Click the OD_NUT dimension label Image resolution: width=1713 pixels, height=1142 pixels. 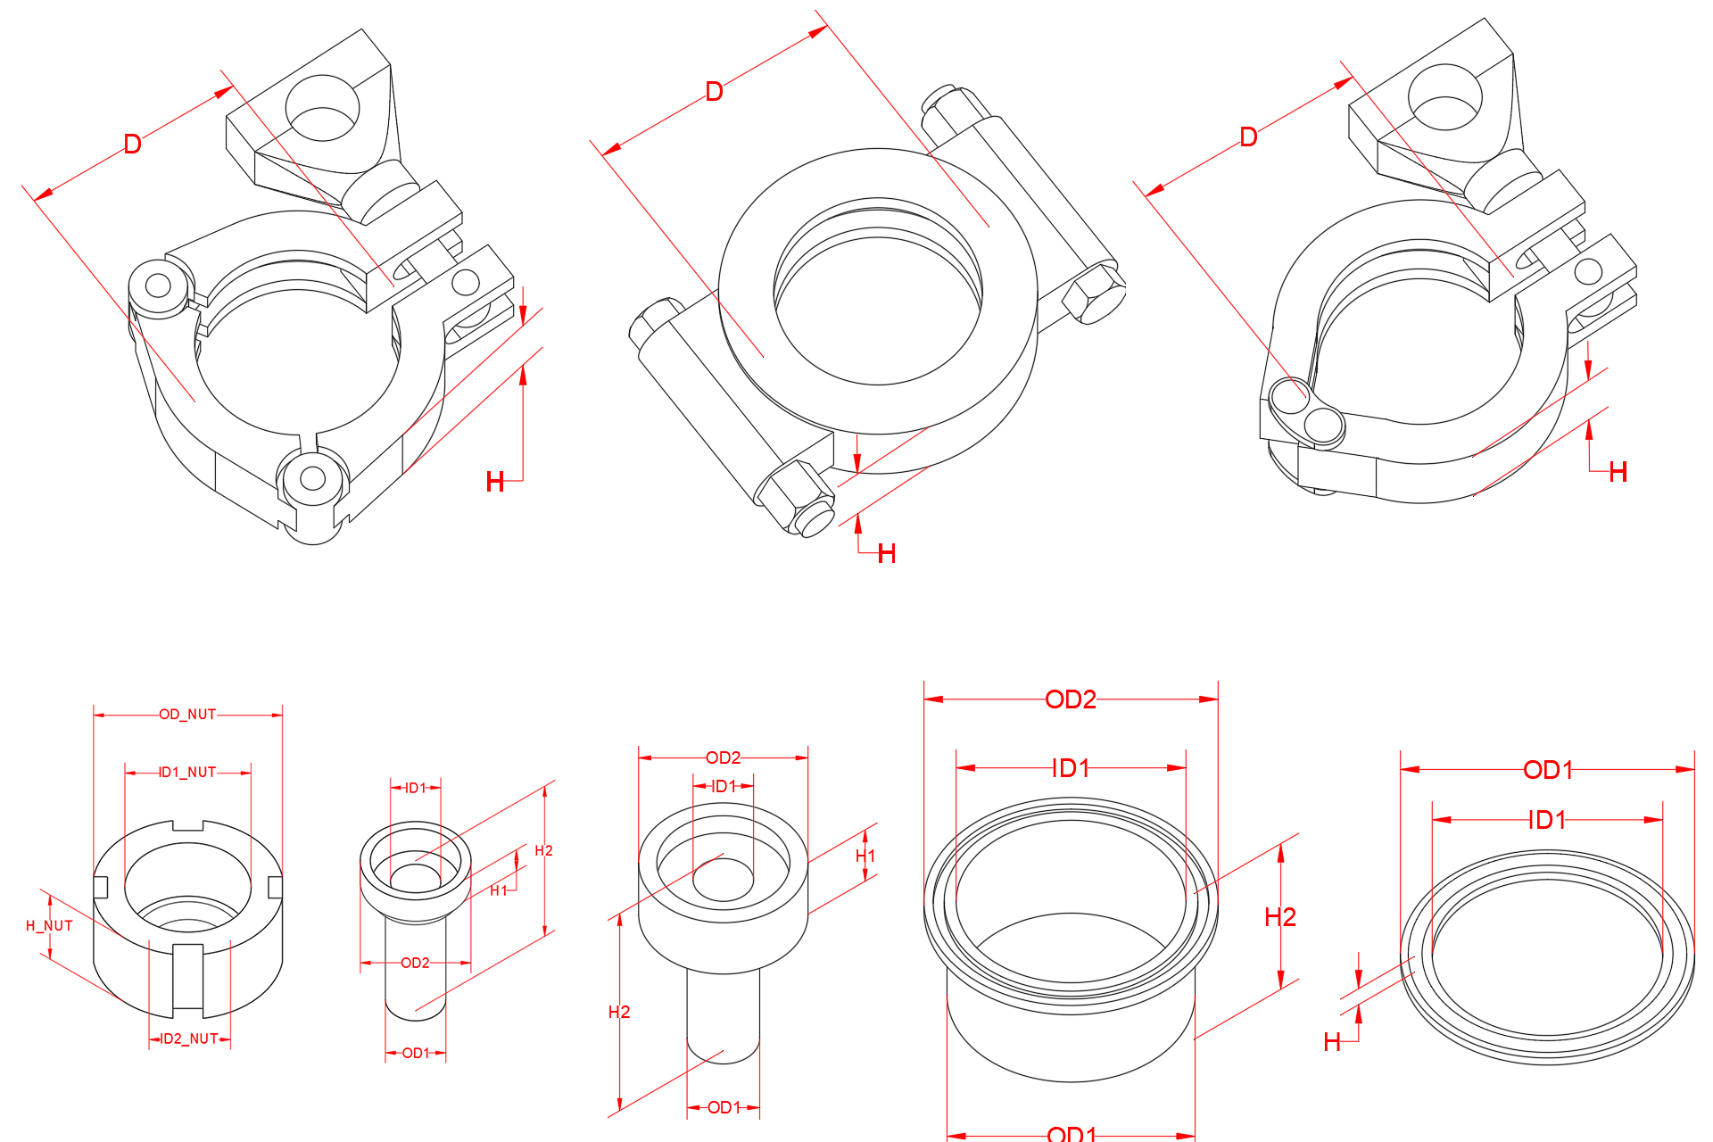pos(187,715)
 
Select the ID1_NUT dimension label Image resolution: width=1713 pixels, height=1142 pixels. pos(187,772)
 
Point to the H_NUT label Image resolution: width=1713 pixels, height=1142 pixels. pos(49,926)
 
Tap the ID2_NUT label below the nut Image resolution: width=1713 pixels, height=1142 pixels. pos(189,1039)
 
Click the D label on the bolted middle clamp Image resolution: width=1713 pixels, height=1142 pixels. pos(714,92)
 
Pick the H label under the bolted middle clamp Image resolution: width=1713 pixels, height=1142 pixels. pos(886,554)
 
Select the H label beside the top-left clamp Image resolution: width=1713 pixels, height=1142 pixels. pos(495,483)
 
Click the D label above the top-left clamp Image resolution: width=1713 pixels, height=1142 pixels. pos(132,144)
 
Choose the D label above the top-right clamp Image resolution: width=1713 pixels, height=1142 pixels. pos(1248,137)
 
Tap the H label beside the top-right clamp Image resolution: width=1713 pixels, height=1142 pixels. pos(1618,473)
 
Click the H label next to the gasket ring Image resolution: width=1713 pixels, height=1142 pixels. pos(1332,1042)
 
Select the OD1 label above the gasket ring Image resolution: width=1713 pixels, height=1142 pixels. pos(1548,770)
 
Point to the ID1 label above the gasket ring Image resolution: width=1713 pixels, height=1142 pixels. pos(1547,820)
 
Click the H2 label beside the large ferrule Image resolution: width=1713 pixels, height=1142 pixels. pos(1280,917)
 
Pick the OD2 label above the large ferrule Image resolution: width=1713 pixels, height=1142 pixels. pos(1071,699)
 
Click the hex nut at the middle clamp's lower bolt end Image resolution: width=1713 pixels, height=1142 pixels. pos(794,496)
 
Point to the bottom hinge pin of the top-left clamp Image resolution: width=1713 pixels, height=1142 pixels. pos(312,479)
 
